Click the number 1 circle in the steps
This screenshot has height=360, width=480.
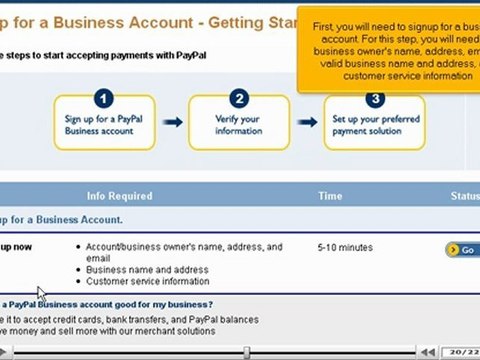tap(105, 98)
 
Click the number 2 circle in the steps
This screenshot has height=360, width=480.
tap(239, 98)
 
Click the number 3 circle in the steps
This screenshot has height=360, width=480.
tap(374, 98)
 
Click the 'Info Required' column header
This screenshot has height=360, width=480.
tap(119, 196)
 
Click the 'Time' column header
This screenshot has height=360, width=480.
tap(330, 196)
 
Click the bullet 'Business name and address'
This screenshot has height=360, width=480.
tap(148, 270)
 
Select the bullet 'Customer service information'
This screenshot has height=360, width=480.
tap(148, 281)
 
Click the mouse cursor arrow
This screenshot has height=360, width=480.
tap(41, 293)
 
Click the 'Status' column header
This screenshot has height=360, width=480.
tap(465, 196)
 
